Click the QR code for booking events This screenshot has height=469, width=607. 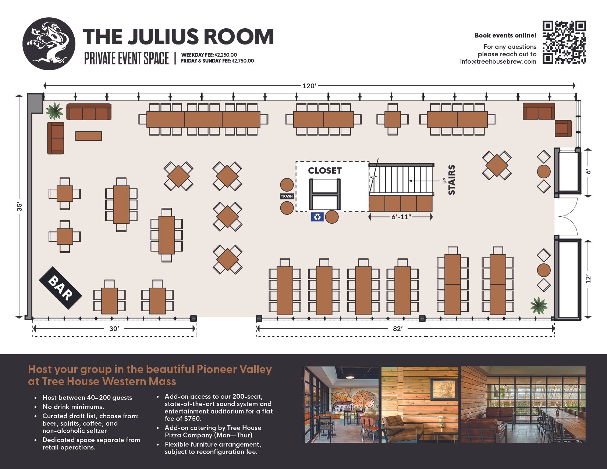[564, 42]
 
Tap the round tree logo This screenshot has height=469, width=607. [49, 43]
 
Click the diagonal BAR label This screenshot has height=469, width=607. [60, 288]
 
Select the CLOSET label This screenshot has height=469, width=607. [324, 170]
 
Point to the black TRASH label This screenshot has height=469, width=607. [287, 196]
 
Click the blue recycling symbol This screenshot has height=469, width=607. [317, 217]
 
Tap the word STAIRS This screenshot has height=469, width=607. [451, 180]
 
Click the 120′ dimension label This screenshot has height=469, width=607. [309, 86]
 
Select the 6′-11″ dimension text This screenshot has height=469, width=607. [401, 217]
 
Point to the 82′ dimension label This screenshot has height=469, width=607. [398, 328]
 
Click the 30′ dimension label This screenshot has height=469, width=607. [114, 328]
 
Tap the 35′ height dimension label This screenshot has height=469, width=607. [19, 206]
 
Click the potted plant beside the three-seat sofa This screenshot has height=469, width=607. [54, 111]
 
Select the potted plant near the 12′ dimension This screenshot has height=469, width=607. [539, 305]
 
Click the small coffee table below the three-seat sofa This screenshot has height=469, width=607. [89, 136]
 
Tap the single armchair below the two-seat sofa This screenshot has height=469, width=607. [563, 128]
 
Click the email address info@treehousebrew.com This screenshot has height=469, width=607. [498, 61]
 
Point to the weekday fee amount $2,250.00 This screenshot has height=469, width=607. [226, 55]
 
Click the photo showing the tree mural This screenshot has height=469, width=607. [341, 405]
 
